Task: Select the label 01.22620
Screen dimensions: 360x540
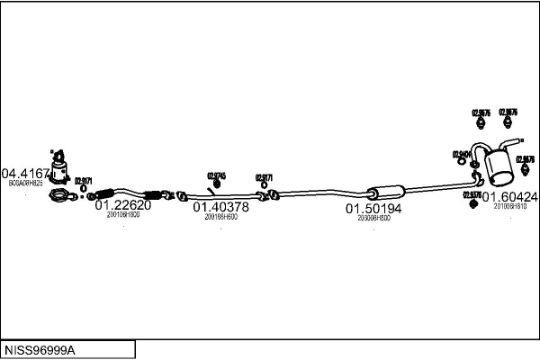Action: pyautogui.click(x=123, y=205)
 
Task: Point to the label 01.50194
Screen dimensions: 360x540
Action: pyautogui.click(x=373, y=208)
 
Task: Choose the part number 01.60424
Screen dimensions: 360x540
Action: pyautogui.click(x=509, y=196)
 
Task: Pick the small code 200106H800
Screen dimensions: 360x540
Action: pyautogui.click(x=123, y=215)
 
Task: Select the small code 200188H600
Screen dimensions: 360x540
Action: pyautogui.click(x=220, y=216)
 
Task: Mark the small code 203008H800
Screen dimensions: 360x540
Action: pyautogui.click(x=373, y=218)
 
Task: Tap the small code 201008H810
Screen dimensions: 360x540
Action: pyautogui.click(x=509, y=205)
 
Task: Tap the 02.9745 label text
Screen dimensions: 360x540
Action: pyautogui.click(x=216, y=175)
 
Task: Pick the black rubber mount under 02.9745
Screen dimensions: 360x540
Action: pyautogui.click(x=216, y=184)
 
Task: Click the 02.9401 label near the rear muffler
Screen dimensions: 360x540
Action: pyautogui.click(x=463, y=154)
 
